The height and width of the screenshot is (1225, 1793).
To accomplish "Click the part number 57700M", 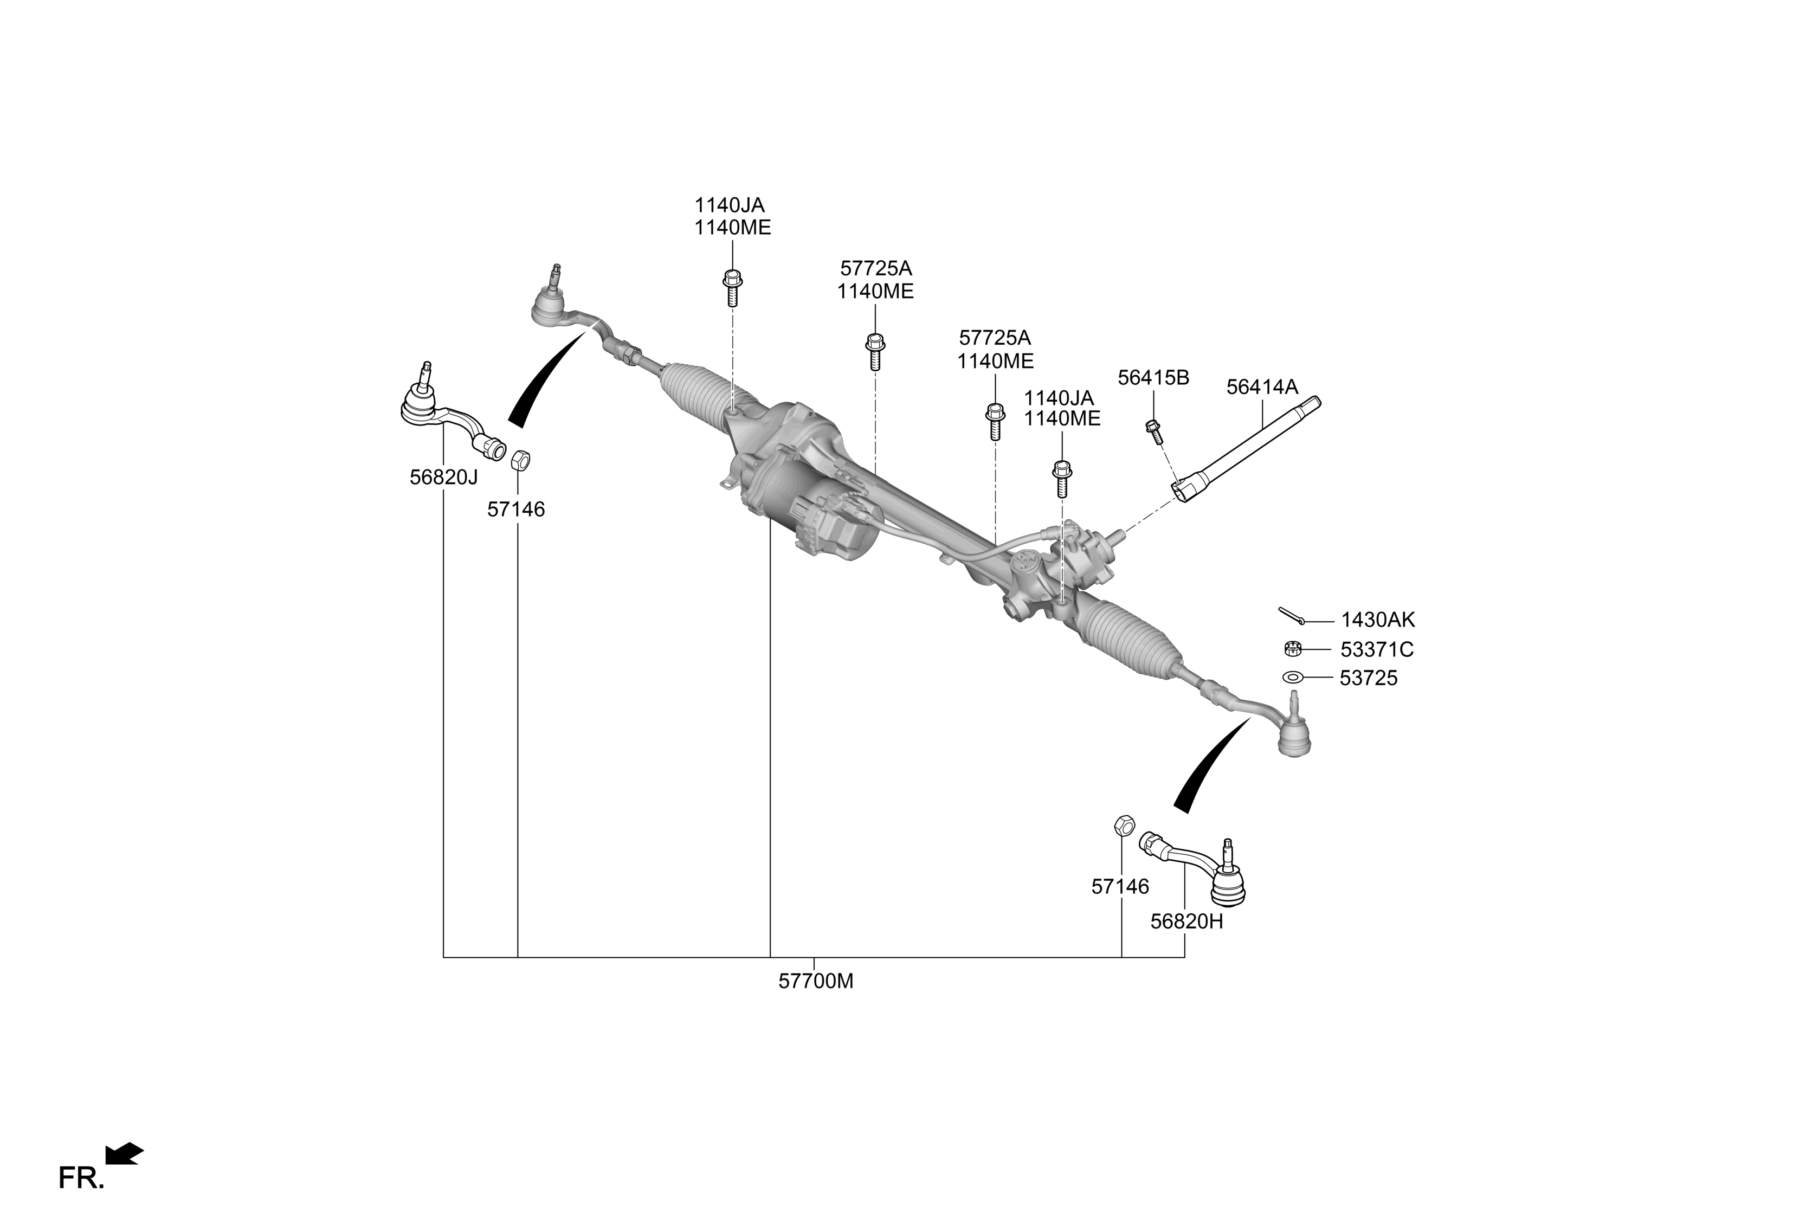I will pos(816,981).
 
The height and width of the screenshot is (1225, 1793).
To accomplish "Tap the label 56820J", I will pos(443,478).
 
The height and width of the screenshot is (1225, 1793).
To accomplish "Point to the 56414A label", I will pos(1262,387).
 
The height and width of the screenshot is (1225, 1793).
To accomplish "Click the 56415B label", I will pos(1153,378).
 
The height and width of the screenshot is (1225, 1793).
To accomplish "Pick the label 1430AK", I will pos(1378,620).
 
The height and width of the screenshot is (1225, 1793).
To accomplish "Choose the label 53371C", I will pos(1376,649).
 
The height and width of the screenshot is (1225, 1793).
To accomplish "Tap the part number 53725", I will pos(1369,678).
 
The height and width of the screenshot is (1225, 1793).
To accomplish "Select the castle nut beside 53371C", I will pos(1293,648).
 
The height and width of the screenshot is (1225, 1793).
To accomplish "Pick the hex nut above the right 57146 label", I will pos(1123,824).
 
